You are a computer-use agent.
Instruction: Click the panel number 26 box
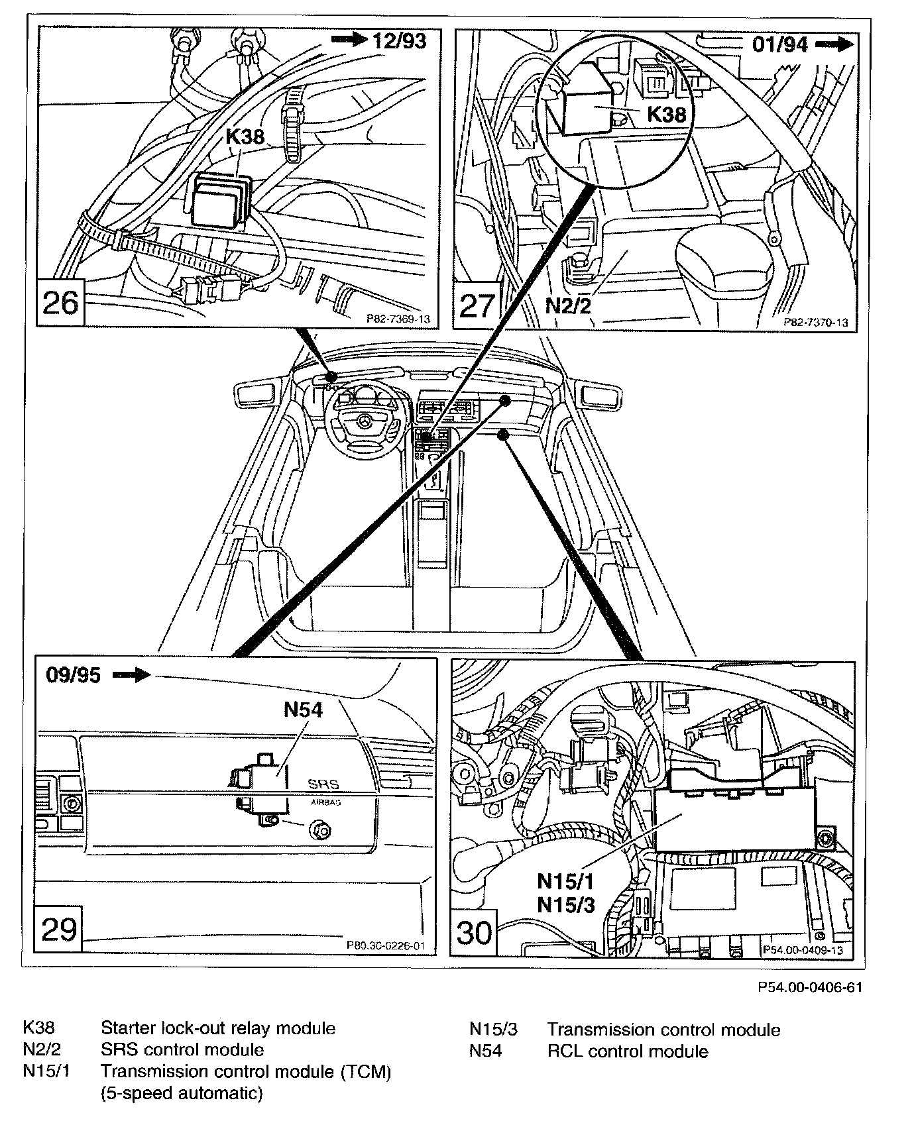point(60,303)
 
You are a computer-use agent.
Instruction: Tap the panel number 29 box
point(59,929)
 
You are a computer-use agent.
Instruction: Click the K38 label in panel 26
point(245,137)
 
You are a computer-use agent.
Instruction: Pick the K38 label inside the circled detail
point(667,115)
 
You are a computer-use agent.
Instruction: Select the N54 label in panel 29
point(303,710)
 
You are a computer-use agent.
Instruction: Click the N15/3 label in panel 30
point(565,904)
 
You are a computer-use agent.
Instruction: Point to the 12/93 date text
point(399,40)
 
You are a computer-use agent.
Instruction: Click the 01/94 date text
point(780,44)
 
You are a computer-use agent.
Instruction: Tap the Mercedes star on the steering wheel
point(363,422)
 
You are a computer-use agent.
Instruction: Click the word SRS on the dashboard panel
point(323,784)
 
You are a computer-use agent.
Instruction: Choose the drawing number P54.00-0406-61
point(810,988)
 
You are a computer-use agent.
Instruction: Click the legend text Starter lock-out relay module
point(217,1028)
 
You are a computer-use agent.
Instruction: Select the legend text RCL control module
point(627,1051)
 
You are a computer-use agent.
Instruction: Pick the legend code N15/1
point(46,1071)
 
